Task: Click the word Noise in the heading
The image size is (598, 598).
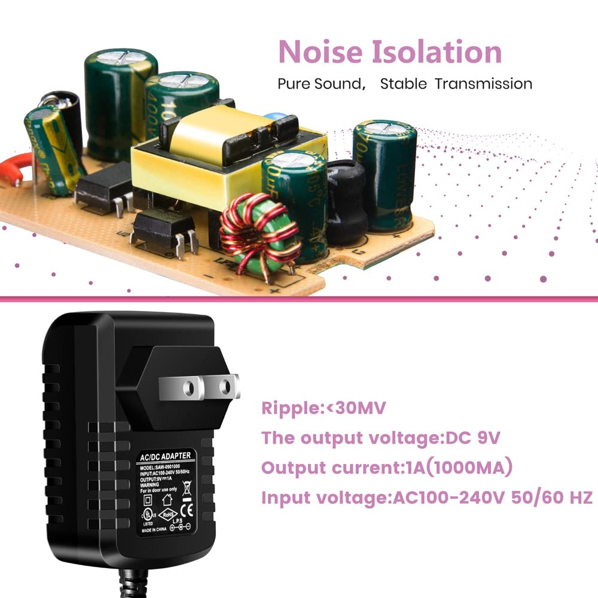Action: click(x=320, y=52)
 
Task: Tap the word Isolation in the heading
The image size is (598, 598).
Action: click(x=437, y=52)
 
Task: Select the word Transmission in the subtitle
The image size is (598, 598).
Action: click(x=483, y=83)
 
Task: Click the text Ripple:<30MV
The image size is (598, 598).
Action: click(x=324, y=408)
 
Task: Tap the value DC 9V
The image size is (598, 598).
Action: click(x=473, y=438)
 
